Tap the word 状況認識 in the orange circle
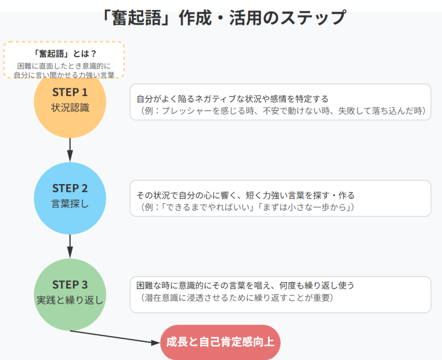coord(70,107)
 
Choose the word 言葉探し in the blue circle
coord(70,203)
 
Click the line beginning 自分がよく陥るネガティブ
coord(233,98)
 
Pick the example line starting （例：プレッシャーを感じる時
coord(279,111)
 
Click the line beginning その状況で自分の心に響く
coord(245,195)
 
